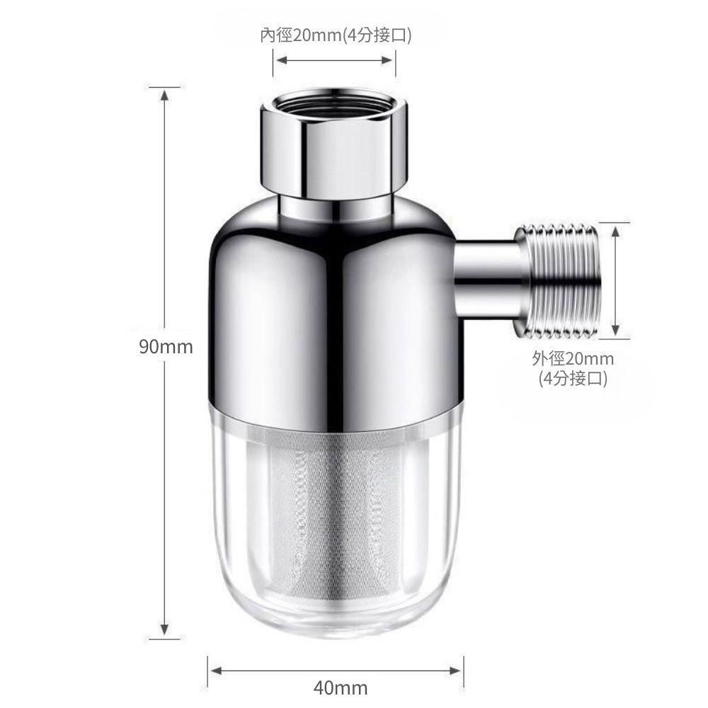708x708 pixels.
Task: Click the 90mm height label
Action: point(166,347)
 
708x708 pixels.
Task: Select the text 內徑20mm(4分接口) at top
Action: point(335,35)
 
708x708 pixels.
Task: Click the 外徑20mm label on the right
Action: point(573,359)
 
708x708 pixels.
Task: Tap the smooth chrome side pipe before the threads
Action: point(489,280)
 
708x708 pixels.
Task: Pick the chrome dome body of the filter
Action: point(333,312)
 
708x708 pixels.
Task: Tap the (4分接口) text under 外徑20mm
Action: point(573,379)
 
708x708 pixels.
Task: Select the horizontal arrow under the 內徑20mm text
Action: point(335,61)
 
